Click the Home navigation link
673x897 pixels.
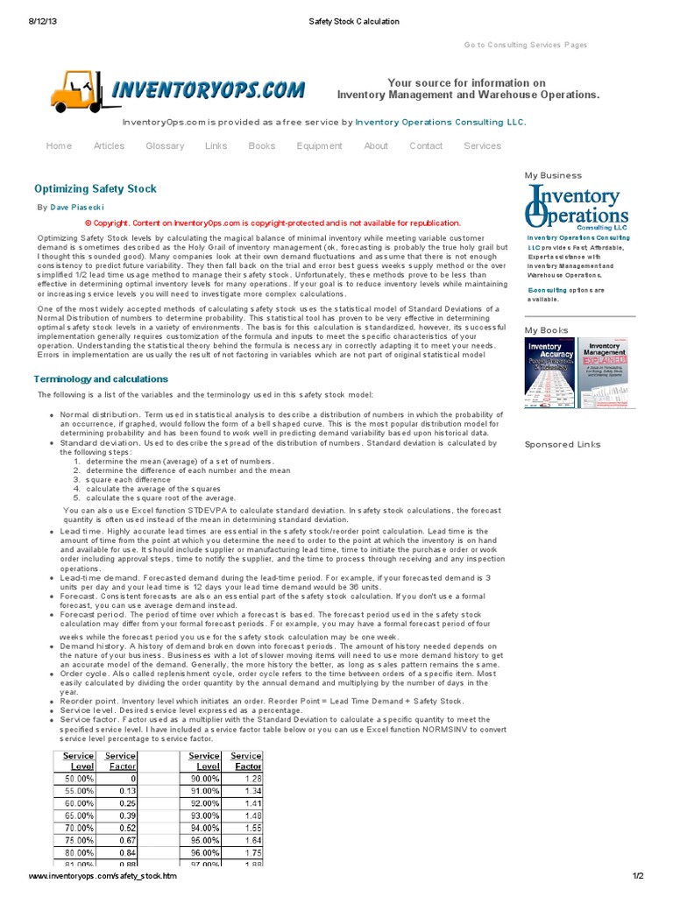pos(59,145)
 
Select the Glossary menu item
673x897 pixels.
pos(165,145)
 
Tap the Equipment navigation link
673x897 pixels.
pos(319,145)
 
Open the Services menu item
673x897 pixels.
pos(482,145)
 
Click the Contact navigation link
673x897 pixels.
pos(426,145)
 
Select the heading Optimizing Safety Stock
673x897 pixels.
pos(95,188)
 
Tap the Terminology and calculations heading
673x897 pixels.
pos(101,379)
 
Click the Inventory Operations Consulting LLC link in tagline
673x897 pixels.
pos(441,123)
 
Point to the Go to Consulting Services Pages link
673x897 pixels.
pos(526,45)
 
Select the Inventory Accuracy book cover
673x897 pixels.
pos(549,372)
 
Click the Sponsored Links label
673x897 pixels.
pos(563,444)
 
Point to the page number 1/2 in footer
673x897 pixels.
pos(638,876)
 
